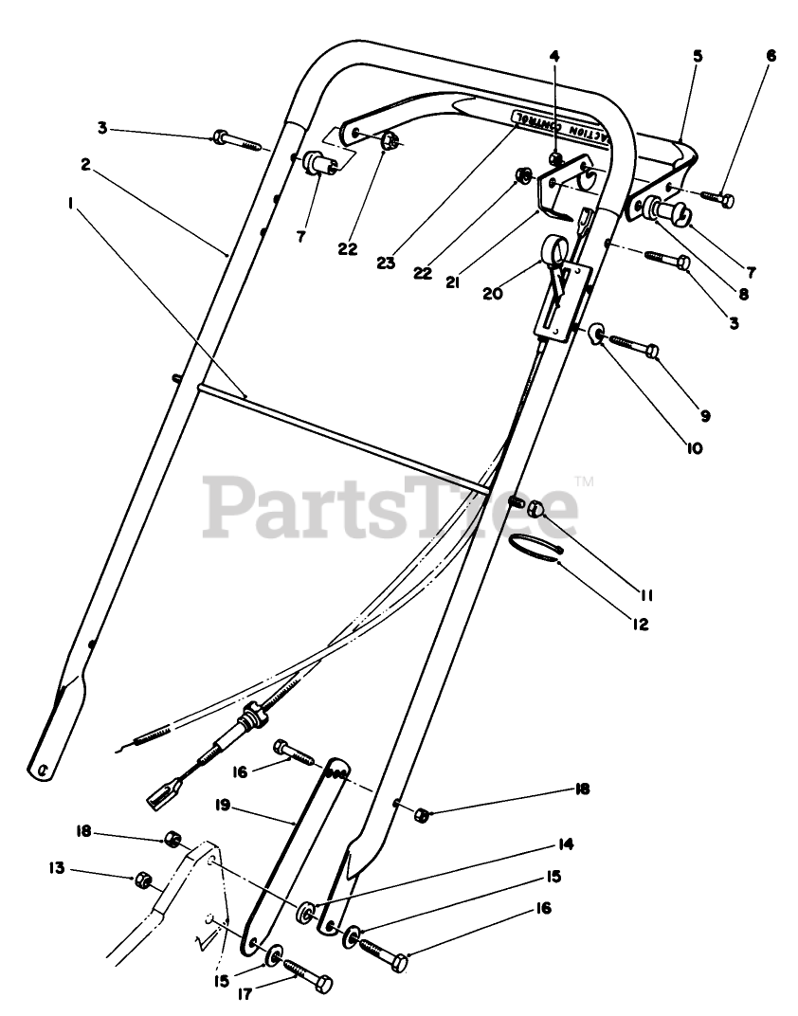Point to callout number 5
(697, 56)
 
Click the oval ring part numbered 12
(537, 547)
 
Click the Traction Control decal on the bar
(559, 126)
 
